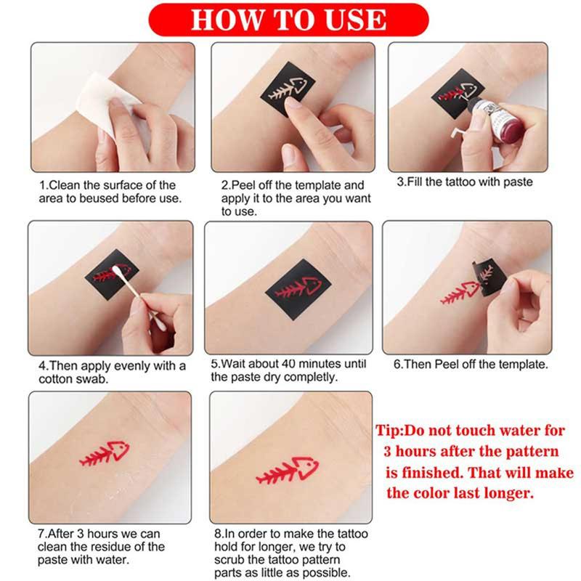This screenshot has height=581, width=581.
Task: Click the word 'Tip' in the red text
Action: pos(387,431)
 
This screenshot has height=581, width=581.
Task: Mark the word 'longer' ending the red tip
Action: pos(508,494)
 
